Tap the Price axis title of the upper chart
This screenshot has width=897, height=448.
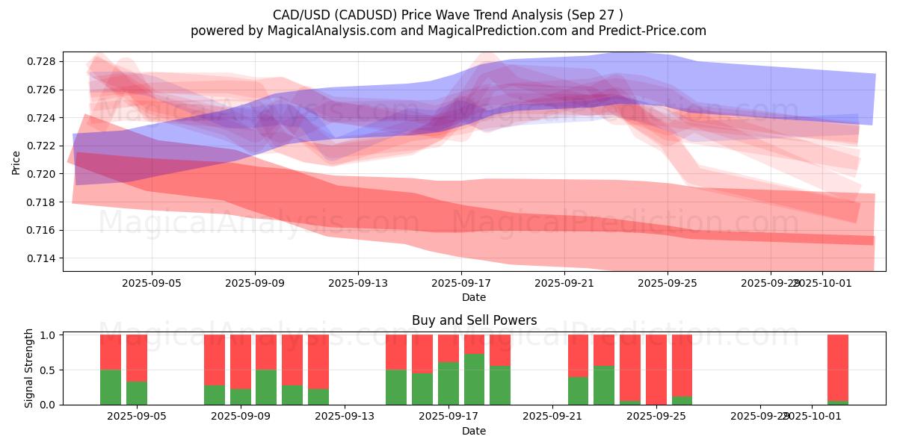[x=16, y=161]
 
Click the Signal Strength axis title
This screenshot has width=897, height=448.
[x=29, y=368]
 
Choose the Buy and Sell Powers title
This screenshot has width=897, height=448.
[x=474, y=320]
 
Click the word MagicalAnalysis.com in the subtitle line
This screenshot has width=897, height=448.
[x=330, y=31]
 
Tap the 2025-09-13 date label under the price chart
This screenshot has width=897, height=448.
[x=357, y=284]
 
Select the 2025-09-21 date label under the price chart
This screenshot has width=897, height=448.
[x=564, y=284]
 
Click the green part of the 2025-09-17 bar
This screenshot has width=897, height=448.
[x=449, y=384]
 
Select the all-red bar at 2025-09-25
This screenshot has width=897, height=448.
[x=656, y=370]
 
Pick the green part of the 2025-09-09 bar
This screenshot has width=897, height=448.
[x=266, y=388]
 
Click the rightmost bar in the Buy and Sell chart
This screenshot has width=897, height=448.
[x=838, y=366]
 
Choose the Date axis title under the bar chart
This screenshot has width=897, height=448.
[x=474, y=431]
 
